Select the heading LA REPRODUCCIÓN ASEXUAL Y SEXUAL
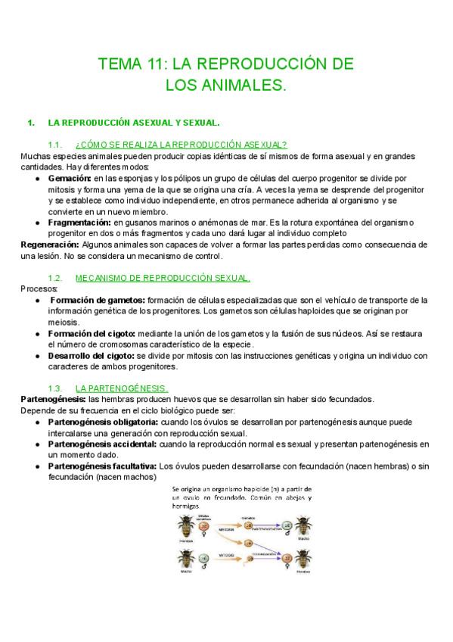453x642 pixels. tap(134, 122)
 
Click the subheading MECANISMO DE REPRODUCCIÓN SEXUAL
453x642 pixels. tap(163, 278)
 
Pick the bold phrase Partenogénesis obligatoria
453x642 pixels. tap(103, 421)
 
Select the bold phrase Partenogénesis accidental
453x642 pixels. tap(102, 444)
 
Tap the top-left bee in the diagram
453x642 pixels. tap(185, 523)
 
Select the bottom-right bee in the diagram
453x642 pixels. tap(303, 560)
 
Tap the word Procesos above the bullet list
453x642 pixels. tap(36, 288)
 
